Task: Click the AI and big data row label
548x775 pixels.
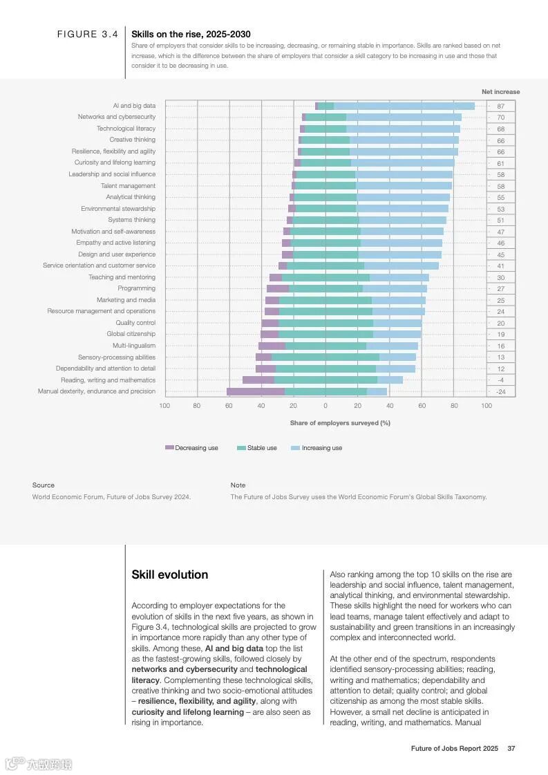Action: [x=134, y=106]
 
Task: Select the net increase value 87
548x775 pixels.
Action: [x=500, y=106]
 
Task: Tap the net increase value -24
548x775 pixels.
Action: [x=500, y=392]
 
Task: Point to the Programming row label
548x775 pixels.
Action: [x=136, y=288]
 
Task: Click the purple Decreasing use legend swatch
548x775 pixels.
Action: [x=169, y=448]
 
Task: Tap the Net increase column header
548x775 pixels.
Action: [x=500, y=92]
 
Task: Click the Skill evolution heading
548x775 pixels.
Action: [x=169, y=575]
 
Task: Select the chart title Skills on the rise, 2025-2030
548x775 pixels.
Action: [x=191, y=34]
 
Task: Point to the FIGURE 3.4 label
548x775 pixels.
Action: [x=87, y=34]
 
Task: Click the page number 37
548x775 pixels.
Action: [x=511, y=748]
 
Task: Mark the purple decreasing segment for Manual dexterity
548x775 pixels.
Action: [x=255, y=391]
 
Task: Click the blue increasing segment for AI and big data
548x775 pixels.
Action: [x=404, y=106]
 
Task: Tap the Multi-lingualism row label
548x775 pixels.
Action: [x=134, y=346]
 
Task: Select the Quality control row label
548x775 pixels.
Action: [x=135, y=323]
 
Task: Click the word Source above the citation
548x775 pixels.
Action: [x=43, y=485]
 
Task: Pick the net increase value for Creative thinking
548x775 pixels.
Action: [x=500, y=140]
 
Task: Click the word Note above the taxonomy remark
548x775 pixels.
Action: [x=238, y=485]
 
